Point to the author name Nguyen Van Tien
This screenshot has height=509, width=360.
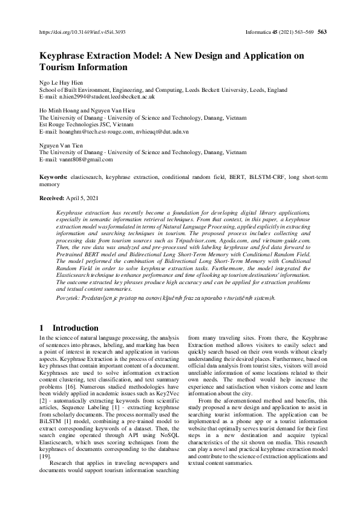61,146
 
